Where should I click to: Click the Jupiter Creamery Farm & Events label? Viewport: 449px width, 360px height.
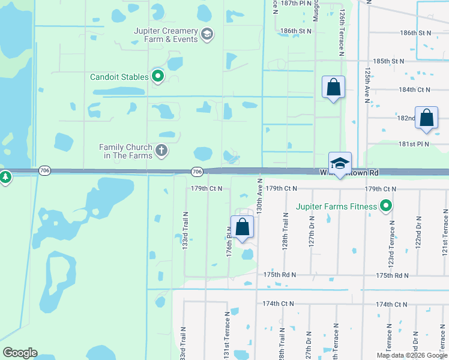166,35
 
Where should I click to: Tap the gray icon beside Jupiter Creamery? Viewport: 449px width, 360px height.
207,34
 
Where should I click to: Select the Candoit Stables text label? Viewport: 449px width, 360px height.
119,77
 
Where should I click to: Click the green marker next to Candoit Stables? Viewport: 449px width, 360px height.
158,76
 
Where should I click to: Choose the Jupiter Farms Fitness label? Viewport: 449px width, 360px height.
336,207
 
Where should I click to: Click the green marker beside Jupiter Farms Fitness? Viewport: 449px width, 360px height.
387,207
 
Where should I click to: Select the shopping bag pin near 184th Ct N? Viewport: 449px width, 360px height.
334,88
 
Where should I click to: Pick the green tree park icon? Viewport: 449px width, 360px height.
5,177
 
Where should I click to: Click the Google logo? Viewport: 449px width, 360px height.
20,353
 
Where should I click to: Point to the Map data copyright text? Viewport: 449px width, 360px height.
412,355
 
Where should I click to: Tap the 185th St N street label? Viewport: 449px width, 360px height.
388,61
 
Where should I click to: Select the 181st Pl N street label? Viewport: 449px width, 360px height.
415,145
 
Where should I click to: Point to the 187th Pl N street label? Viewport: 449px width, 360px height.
297,3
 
